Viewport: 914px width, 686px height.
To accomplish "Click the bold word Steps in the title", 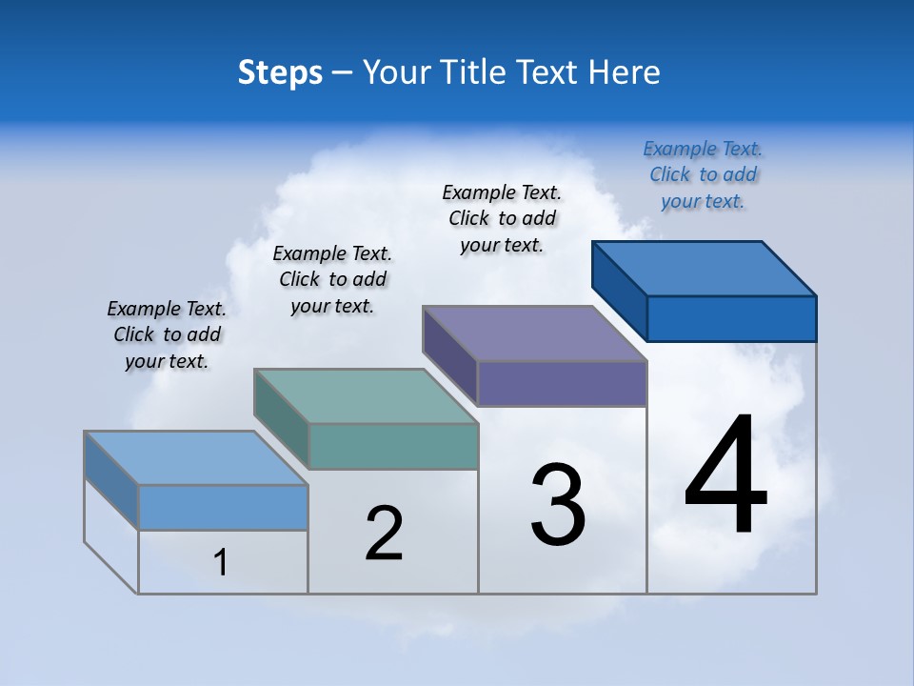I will (280, 72).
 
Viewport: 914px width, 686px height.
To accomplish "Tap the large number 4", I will (725, 475).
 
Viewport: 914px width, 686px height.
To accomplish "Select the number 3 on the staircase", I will (558, 506).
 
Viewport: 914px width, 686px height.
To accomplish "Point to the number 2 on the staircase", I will (384, 534).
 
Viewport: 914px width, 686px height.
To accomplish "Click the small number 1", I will (220, 562).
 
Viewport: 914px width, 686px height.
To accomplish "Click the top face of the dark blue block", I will (705, 268).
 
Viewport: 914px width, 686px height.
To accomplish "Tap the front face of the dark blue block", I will (731, 318).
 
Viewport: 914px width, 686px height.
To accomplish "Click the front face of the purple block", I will (562, 383).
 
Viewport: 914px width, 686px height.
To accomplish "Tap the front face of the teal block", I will (393, 446).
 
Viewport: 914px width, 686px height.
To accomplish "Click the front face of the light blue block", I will (223, 507).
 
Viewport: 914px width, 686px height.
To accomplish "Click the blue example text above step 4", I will (703, 174).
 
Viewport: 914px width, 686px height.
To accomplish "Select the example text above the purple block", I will (502, 218).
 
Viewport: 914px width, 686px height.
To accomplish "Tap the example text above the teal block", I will (332, 279).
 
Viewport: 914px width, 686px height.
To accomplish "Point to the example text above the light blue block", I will (167, 334).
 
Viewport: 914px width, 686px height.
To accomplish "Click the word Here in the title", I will (625, 72).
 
